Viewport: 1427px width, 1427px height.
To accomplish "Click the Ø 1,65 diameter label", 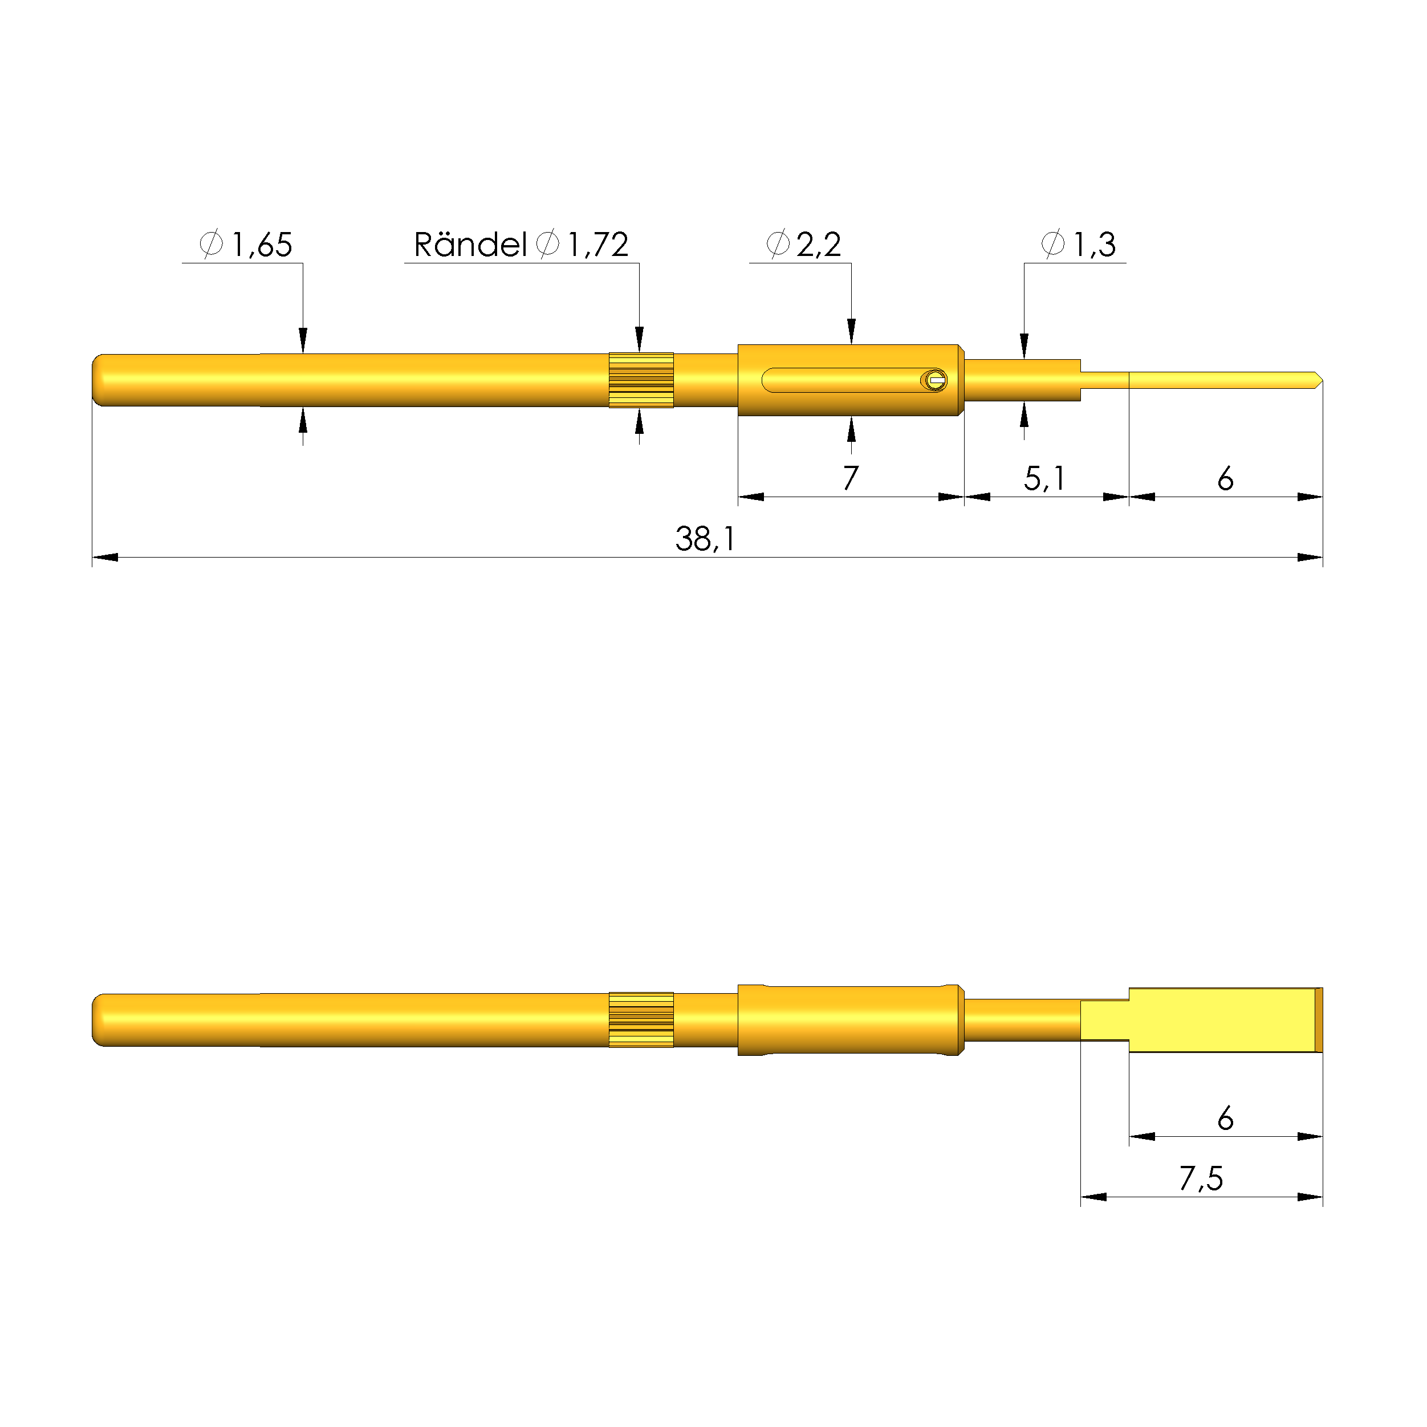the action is [x=246, y=244].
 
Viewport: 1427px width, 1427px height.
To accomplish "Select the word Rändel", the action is [x=470, y=245].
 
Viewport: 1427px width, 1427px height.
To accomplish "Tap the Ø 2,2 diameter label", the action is [x=804, y=244].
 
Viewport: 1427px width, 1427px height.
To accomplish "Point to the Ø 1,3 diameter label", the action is [x=1079, y=244].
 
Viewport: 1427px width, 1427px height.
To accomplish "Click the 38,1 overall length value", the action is [x=705, y=539].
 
